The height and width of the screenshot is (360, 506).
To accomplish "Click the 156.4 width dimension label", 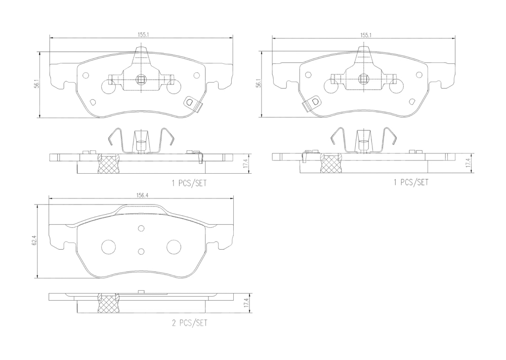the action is pos(141,195).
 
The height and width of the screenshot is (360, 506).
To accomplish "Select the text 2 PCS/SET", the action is pos(189,323).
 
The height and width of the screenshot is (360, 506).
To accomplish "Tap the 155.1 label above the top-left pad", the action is pos(142,35).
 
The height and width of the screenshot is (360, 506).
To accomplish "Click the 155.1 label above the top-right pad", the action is pos(366,35).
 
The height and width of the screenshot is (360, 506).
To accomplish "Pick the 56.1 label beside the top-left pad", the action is pos(37,84).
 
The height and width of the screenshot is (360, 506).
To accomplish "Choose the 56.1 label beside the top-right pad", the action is pos(259,85).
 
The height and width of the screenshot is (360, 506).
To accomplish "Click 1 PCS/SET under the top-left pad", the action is pos(189,183).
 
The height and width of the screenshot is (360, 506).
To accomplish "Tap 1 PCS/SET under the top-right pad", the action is pos(411,182).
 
